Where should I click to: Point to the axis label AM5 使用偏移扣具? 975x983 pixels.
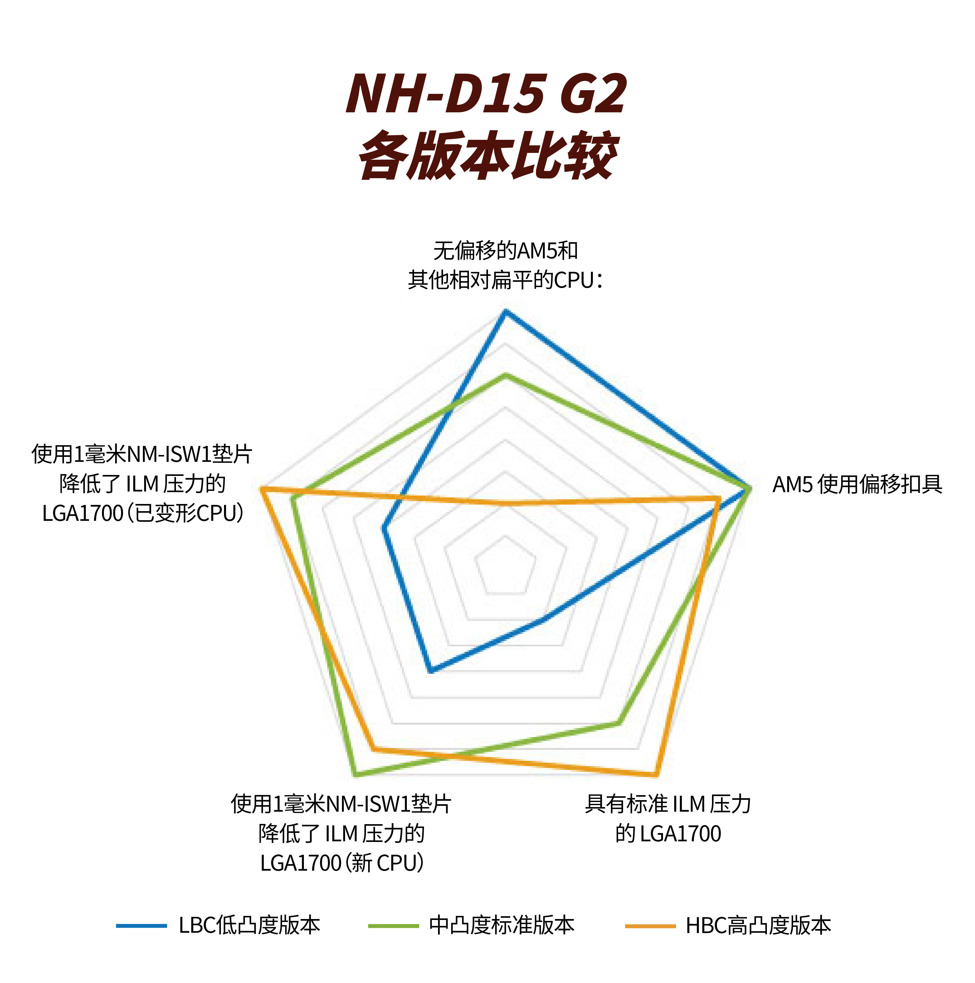(857, 484)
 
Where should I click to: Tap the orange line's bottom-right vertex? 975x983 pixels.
(655, 775)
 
